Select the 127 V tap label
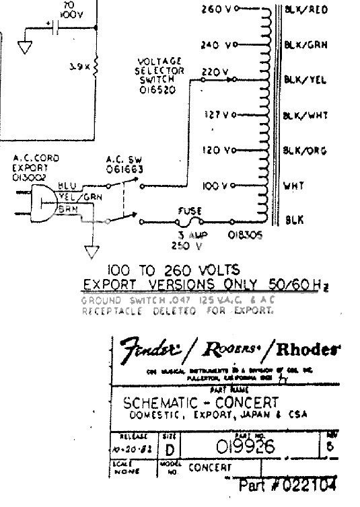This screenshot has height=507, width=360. [216, 115]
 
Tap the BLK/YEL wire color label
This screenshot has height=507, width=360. [305, 79]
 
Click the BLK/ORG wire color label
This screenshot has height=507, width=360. [305, 149]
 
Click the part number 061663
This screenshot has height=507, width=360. [120, 171]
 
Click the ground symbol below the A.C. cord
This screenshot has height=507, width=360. [89, 252]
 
